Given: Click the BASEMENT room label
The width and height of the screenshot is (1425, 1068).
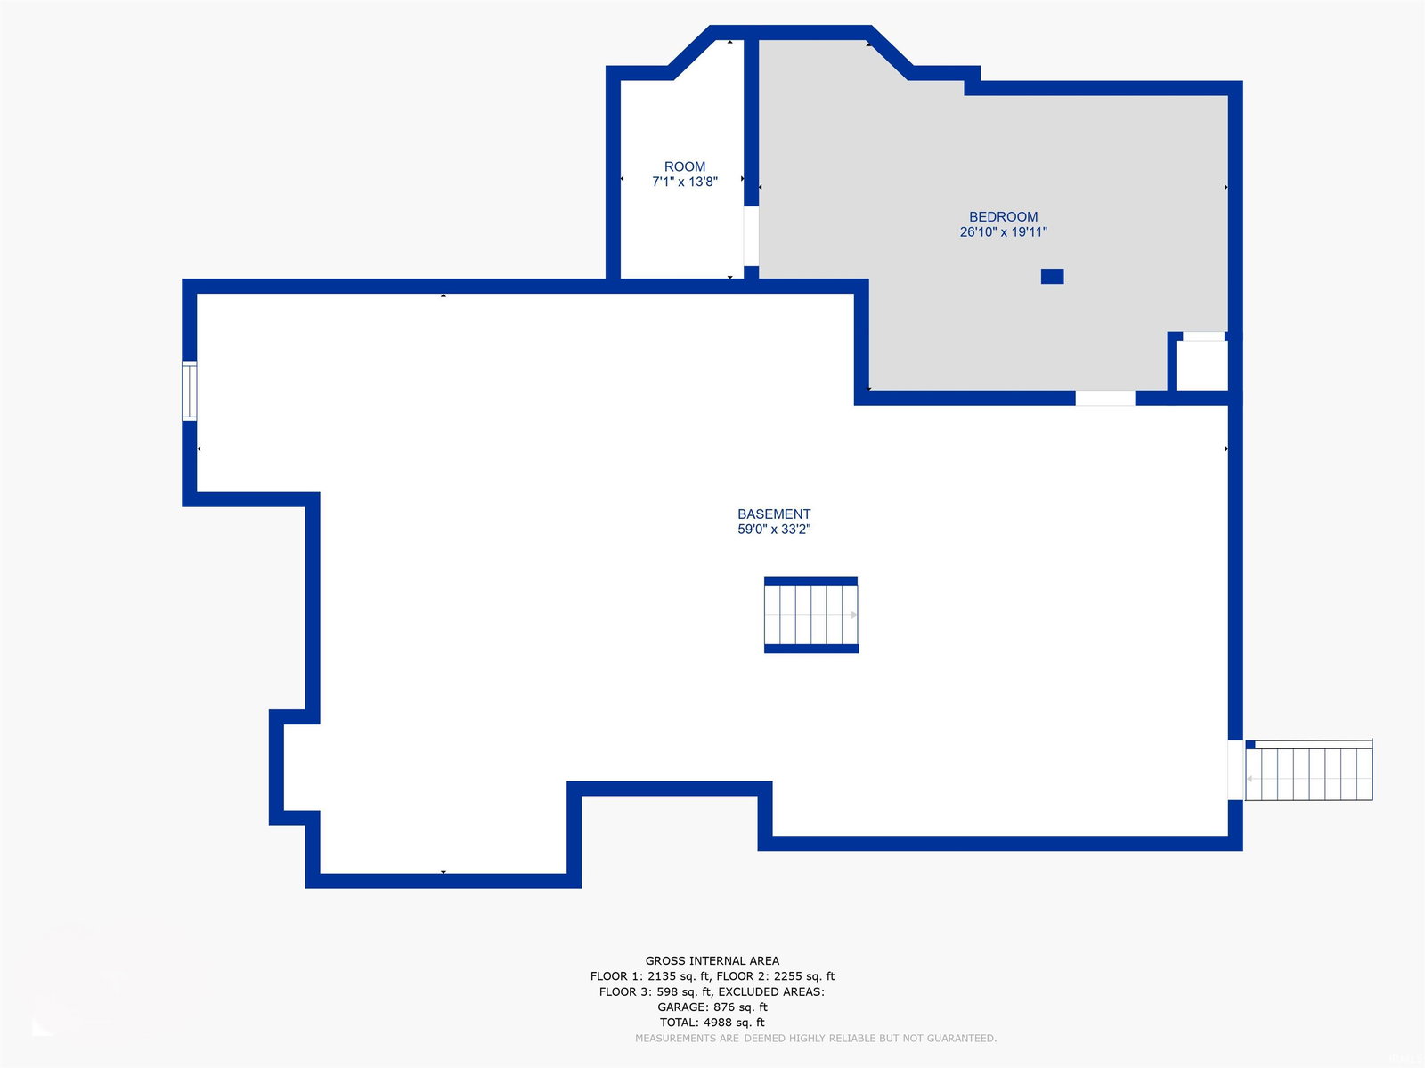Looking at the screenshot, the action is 774,514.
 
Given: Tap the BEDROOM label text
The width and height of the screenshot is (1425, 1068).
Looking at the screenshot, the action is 1003,216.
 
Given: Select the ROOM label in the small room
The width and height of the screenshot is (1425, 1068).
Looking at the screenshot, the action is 684,166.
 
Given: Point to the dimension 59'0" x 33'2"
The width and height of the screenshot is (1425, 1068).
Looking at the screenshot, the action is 774,530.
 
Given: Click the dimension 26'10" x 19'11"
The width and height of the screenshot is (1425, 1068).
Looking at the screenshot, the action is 1003,231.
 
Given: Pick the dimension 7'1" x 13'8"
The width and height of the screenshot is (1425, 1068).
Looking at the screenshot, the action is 684,182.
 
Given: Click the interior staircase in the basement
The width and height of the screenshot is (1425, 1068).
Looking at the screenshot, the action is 810,614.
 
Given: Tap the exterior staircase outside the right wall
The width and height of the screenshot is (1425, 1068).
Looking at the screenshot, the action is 1308,771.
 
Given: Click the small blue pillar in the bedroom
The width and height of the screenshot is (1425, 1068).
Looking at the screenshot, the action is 1052,276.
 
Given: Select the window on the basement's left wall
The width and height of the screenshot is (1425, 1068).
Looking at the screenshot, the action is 189,391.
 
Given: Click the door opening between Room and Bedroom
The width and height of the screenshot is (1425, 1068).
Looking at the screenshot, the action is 751,236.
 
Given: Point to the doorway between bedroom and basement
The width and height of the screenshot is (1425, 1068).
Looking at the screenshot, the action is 1105,398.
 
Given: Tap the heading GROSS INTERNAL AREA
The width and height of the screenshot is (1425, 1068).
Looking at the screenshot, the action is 712,960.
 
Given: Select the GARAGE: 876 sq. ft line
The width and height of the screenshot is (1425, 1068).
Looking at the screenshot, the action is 712,1007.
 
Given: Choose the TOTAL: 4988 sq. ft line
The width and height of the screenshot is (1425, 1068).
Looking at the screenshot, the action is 712,1023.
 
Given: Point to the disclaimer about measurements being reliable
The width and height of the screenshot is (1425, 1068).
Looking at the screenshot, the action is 816,1038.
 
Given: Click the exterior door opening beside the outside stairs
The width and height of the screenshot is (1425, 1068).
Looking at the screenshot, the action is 1235,770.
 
